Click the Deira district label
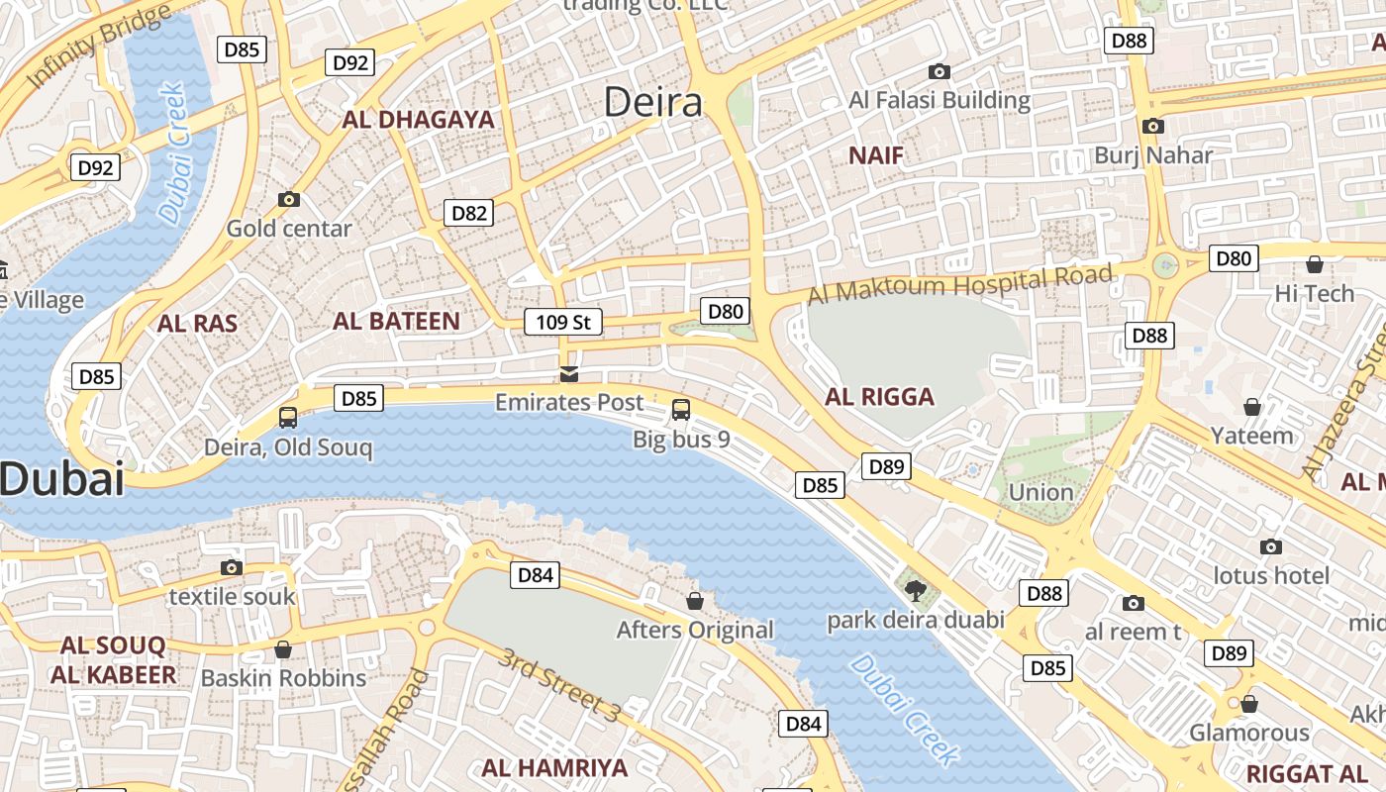(652, 102)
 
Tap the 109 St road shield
(563, 322)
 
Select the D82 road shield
(468, 213)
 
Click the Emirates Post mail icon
(569, 373)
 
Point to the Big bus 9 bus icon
(681, 409)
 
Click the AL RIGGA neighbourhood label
(879, 397)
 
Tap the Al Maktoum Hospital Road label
(959, 285)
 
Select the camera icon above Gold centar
(289, 199)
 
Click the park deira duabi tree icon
(916, 591)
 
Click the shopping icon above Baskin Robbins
(283, 649)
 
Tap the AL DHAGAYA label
(418, 120)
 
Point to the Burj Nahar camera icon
(1152, 126)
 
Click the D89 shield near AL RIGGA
(885, 466)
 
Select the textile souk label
(232, 596)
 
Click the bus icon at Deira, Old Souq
(288, 417)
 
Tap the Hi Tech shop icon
(1315, 264)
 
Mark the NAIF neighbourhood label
(876, 155)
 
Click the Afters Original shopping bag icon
(695, 601)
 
